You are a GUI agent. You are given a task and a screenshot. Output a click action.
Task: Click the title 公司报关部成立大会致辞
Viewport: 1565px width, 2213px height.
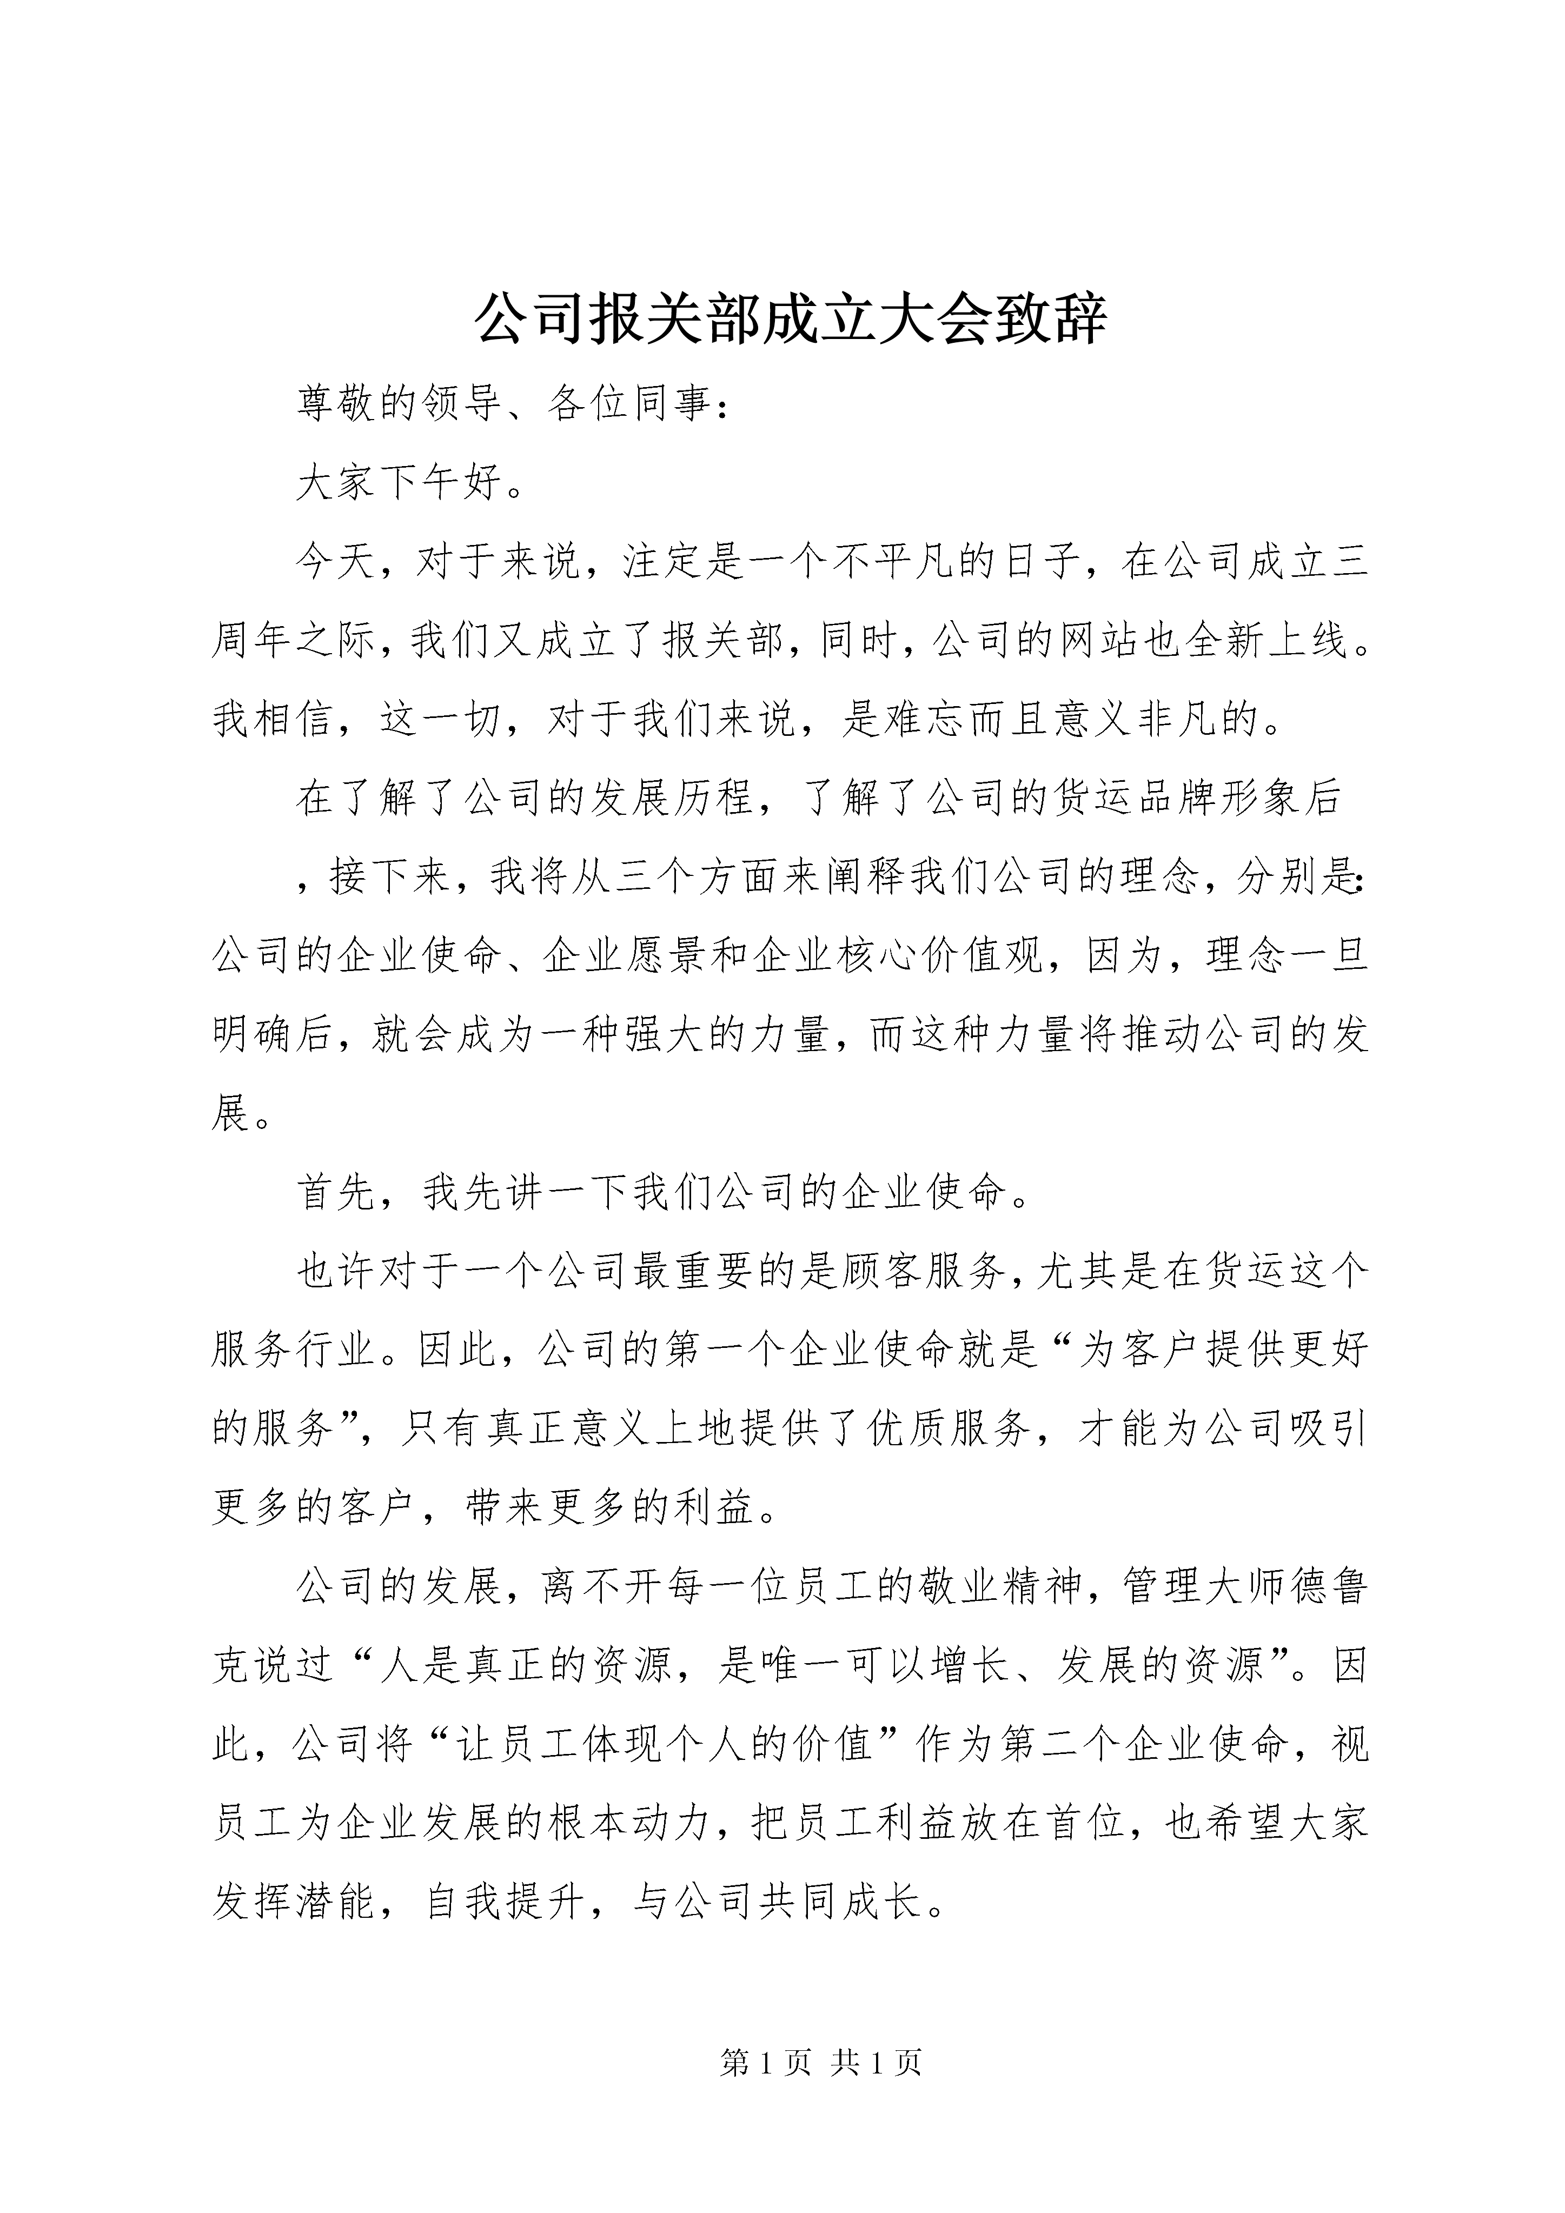point(791,320)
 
